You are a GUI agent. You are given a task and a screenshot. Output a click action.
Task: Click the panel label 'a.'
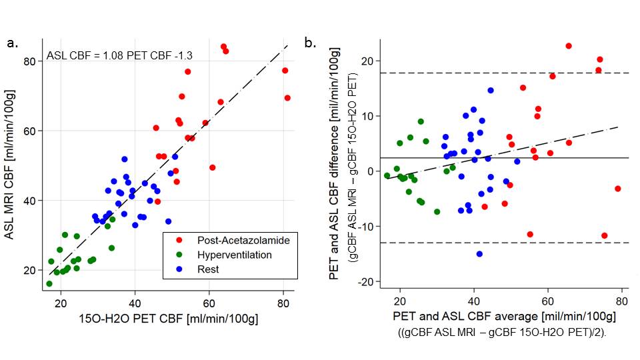pyautogui.click(x=11, y=44)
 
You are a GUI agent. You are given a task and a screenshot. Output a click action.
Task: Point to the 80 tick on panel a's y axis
pyautogui.click(x=29, y=61)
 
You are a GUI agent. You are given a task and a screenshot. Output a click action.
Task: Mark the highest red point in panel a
pyautogui.click(x=223, y=47)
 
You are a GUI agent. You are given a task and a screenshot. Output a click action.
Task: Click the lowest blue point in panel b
pyautogui.click(x=479, y=254)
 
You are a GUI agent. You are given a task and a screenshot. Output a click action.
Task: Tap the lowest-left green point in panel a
pyautogui.click(x=49, y=284)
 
